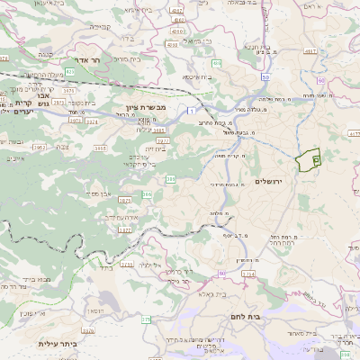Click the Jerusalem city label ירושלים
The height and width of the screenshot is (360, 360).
[x=269, y=182]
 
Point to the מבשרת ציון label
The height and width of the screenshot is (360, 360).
[x=137, y=108]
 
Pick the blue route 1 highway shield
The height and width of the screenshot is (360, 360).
[x=191, y=109]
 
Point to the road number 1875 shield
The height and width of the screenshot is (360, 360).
[x=124, y=199]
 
